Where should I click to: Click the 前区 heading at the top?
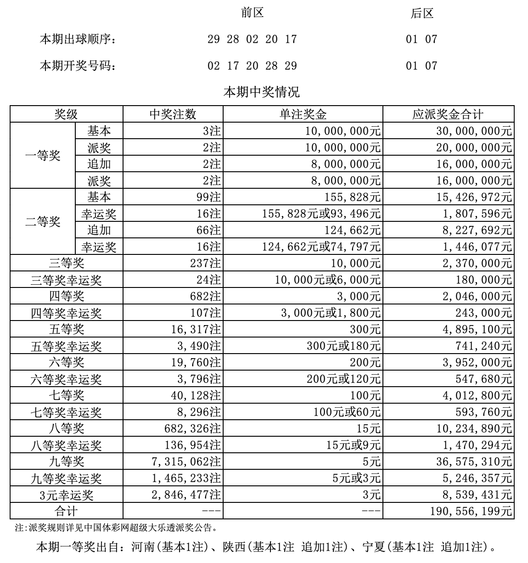pyautogui.click(x=252, y=13)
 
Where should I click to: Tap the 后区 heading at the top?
pyautogui.click(x=422, y=14)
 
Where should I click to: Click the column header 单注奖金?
pyautogui.click(x=303, y=114)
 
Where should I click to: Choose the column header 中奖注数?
pyautogui.click(x=173, y=114)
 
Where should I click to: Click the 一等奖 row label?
pyautogui.click(x=43, y=156)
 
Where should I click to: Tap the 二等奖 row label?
pyautogui.click(x=43, y=222)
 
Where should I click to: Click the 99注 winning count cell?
pyautogui.click(x=208, y=197)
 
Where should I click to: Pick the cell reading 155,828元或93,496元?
pyautogui.click(x=321, y=214)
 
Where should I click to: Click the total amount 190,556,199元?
pyautogui.click(x=471, y=512)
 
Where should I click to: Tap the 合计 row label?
pyautogui.click(x=66, y=512)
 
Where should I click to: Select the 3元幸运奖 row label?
pyautogui.click(x=66, y=495)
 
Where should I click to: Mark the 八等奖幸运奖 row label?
pyautogui.click(x=66, y=445)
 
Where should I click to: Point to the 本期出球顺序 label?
pyautogui.click(x=77, y=39)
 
